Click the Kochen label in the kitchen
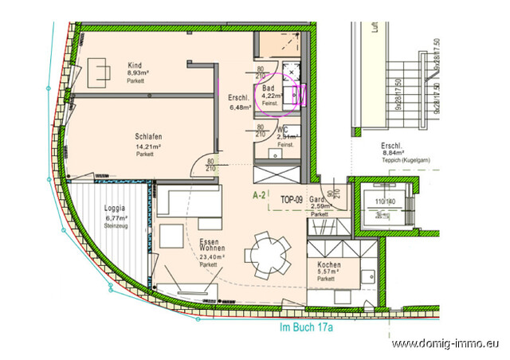[329, 264]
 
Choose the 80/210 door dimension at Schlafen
[211, 164]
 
